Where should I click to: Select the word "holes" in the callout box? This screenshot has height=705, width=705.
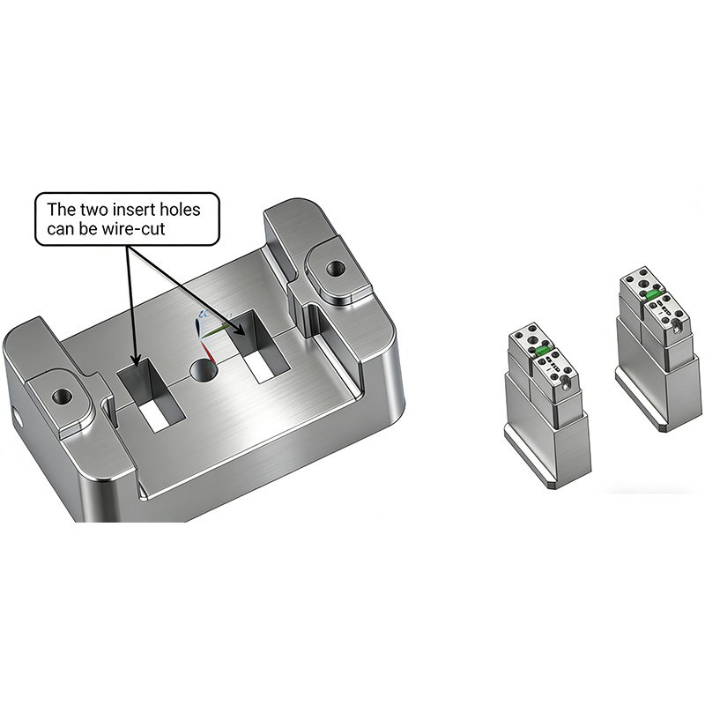(180, 210)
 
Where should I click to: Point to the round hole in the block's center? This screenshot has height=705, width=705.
(204, 371)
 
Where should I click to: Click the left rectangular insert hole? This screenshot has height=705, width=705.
(150, 395)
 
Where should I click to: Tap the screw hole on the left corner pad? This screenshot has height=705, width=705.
(62, 397)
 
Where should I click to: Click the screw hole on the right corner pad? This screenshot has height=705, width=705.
(335, 269)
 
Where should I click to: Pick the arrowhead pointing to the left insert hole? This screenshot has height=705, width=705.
(137, 359)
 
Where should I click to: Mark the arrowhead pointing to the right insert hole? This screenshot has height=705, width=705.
(240, 329)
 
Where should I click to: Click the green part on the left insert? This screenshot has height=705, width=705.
(543, 350)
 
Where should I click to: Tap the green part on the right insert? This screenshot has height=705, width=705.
(653, 294)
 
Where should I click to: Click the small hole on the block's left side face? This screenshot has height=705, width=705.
(18, 417)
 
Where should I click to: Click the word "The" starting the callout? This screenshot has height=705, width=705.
(61, 210)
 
